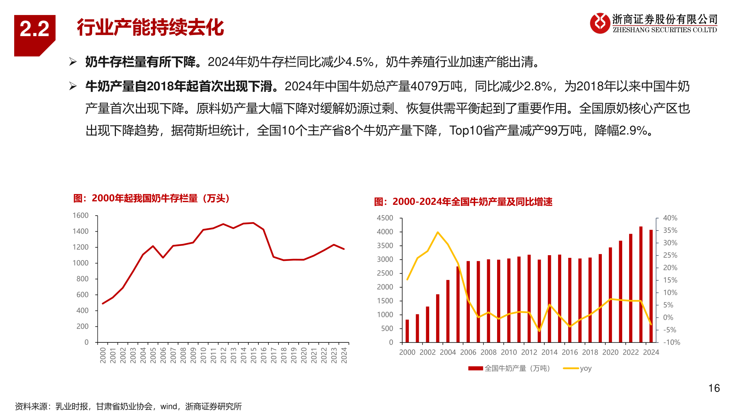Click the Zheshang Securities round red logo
600,23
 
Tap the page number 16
714,388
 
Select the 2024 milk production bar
651,286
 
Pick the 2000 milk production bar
407,331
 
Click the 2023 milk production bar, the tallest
641,284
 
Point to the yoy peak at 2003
438,232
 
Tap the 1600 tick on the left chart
81,216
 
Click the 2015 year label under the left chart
253,355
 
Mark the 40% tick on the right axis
670,218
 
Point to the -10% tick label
672,342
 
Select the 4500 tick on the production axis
385,218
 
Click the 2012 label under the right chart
529,352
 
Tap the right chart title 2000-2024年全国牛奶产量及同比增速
463,202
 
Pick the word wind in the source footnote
169,407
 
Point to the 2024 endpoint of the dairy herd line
344,249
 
